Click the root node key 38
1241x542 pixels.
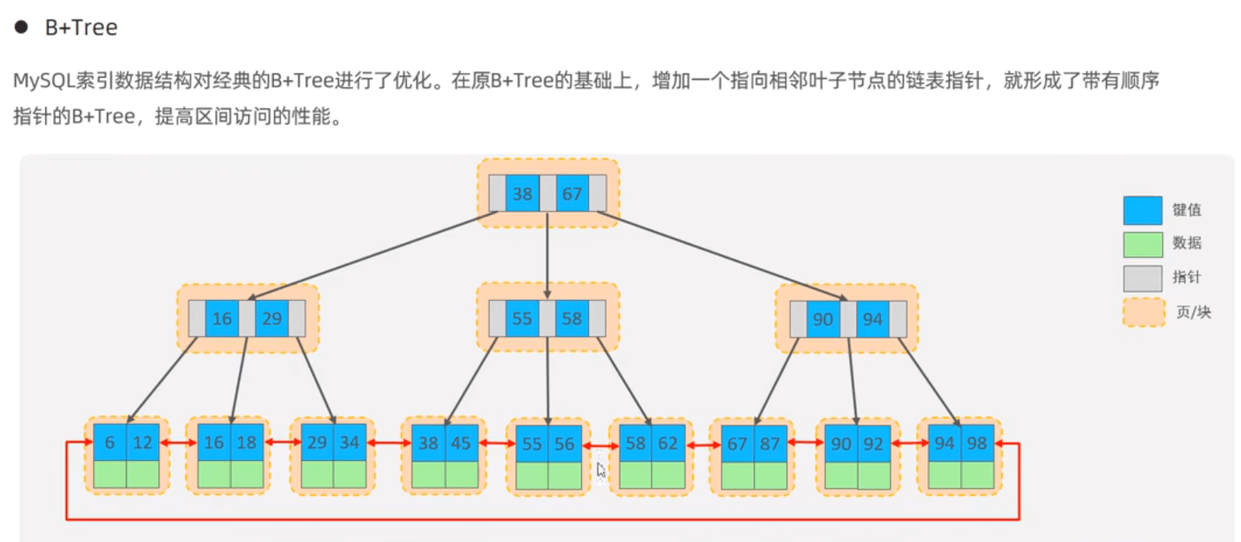coord(522,194)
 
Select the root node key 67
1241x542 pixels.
coord(572,194)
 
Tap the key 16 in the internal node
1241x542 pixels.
coord(222,319)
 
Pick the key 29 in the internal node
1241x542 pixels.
coord(272,319)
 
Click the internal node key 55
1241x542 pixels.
coord(522,319)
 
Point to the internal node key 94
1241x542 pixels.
coord(873,319)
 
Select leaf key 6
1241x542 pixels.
coord(110,442)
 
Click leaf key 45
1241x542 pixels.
coord(461,443)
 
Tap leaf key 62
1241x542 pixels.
coord(668,443)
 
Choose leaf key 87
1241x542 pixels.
coord(770,444)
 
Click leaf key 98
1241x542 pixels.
coord(977,443)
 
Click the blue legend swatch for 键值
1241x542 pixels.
coord(1142,210)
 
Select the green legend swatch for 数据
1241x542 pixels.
coord(1142,245)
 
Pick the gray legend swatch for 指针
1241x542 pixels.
coord(1142,278)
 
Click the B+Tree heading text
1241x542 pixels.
coord(81,28)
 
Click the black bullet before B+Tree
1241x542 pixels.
coord(22,27)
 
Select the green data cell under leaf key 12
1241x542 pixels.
coord(143,474)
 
